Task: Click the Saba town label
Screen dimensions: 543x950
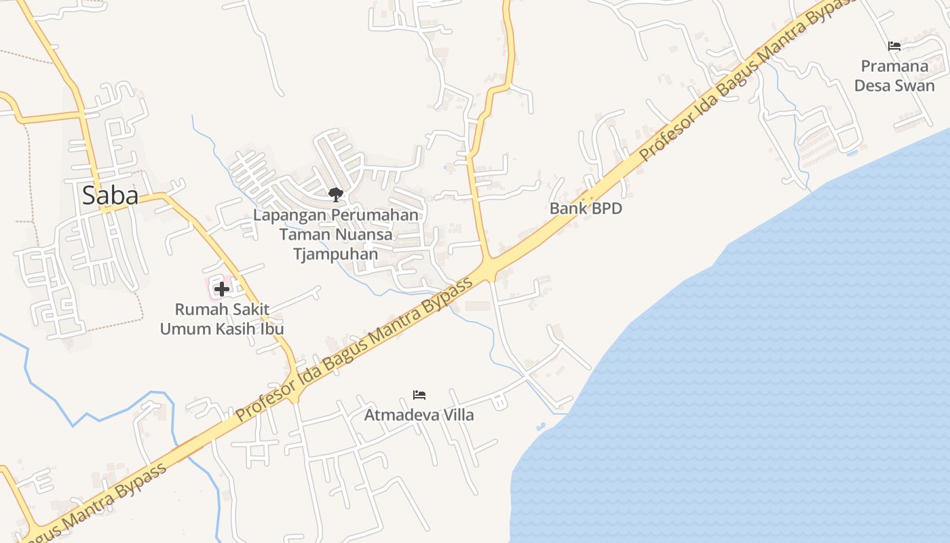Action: (110, 195)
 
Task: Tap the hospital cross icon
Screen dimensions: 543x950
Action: (221, 289)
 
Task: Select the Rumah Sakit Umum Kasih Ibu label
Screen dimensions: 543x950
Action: (221, 319)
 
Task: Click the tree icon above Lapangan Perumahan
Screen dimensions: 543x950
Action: (335, 195)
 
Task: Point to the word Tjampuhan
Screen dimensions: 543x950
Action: (335, 254)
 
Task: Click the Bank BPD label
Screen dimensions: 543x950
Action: (586, 208)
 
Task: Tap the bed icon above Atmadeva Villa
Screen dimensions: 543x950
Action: (419, 394)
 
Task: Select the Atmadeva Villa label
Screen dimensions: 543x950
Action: (419, 415)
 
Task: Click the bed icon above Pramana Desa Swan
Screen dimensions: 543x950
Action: (894, 46)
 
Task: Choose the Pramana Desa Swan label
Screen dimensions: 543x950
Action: (894, 76)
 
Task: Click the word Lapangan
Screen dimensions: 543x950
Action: (289, 215)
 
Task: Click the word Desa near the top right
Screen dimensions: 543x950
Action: (872, 86)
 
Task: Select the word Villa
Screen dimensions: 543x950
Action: (455, 415)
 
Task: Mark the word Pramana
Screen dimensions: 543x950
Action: (894, 67)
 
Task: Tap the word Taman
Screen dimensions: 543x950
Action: (304, 235)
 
